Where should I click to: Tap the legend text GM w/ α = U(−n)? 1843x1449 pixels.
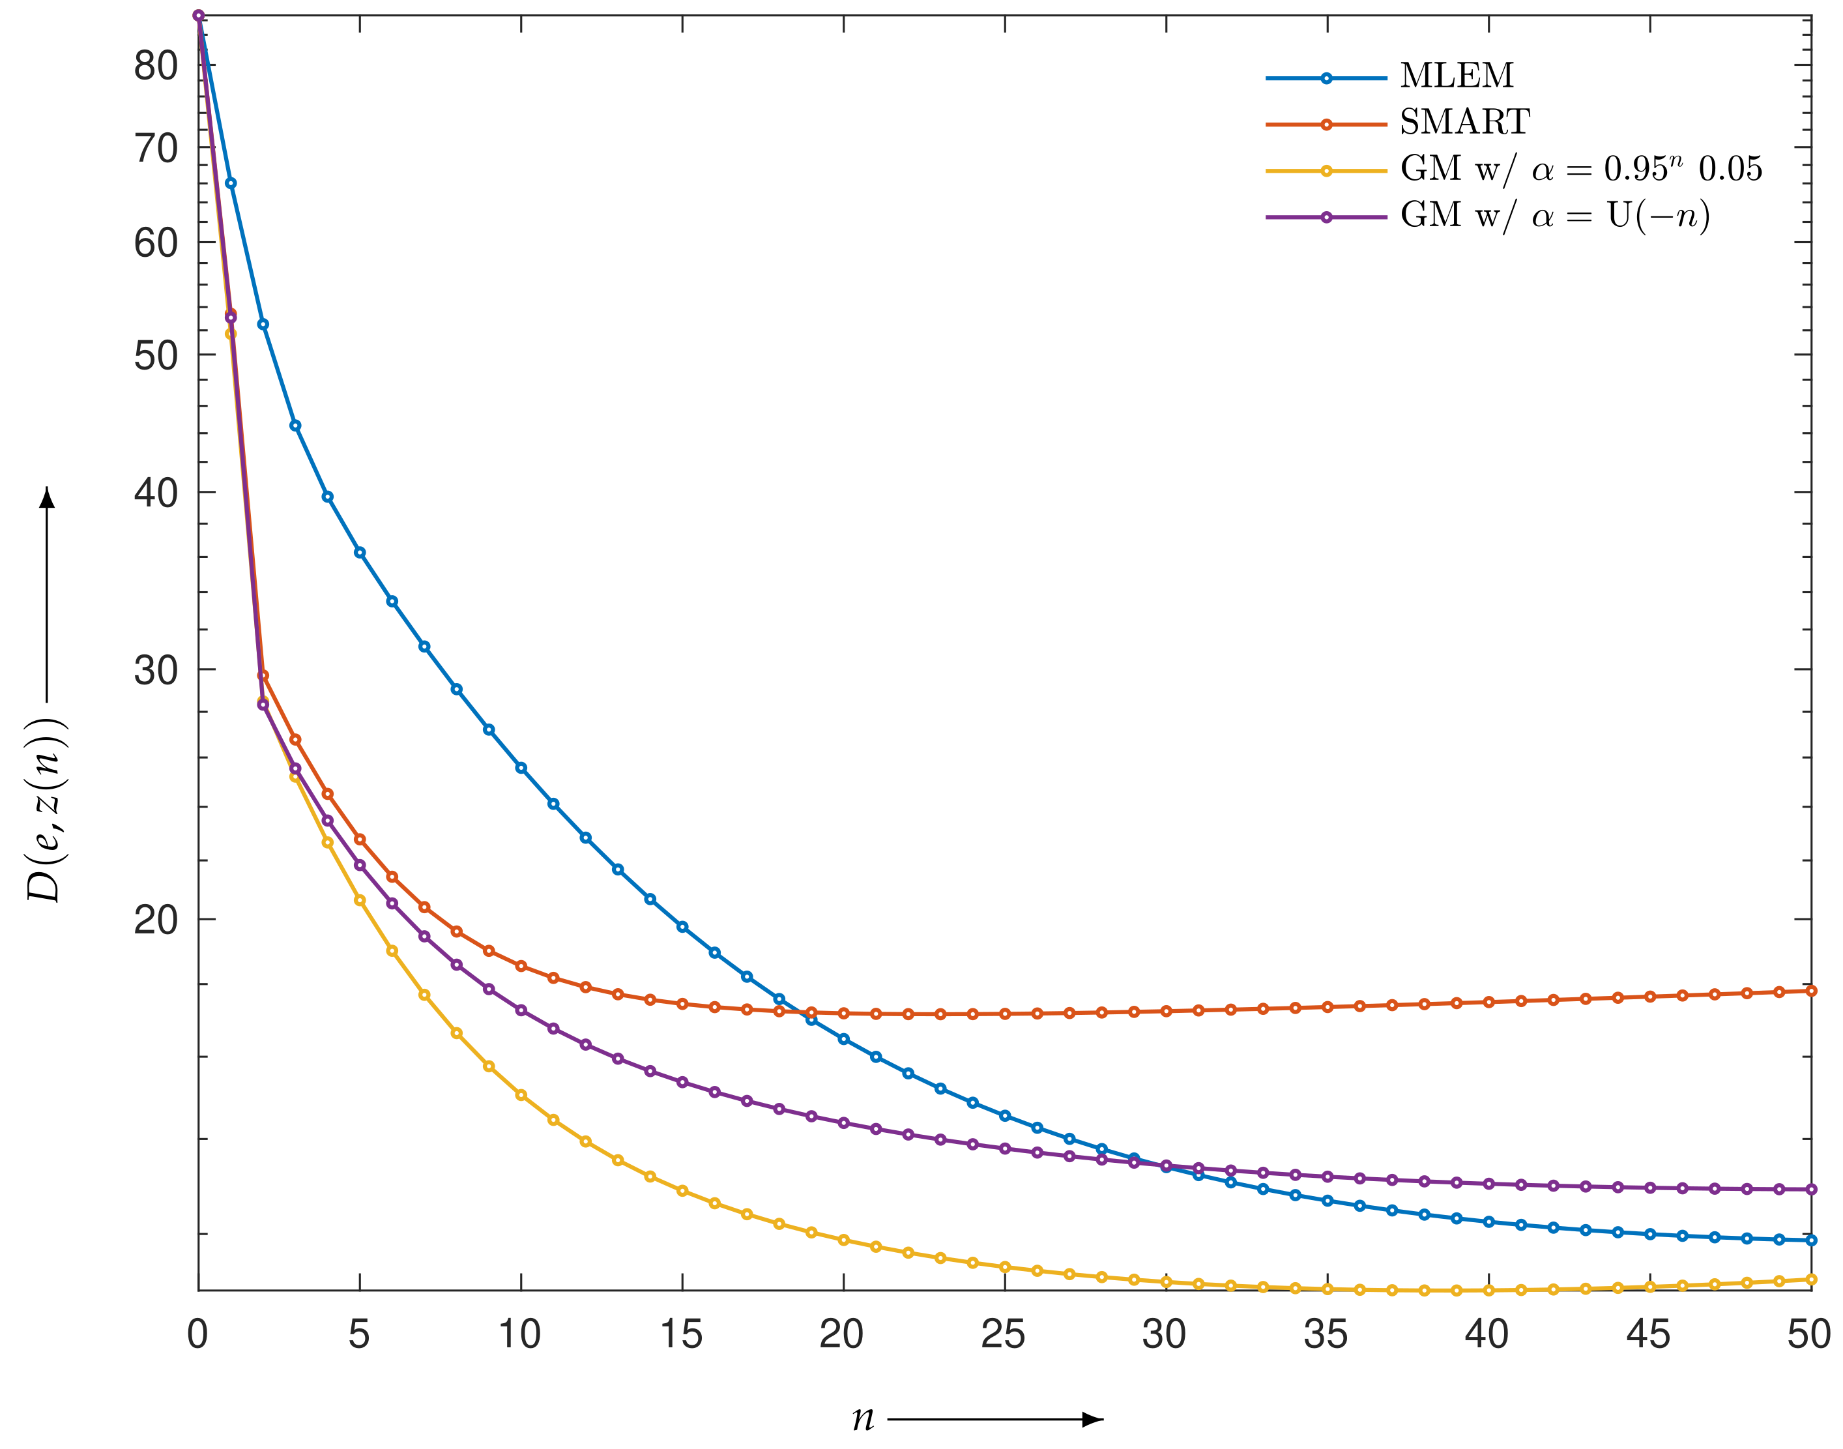pos(1555,216)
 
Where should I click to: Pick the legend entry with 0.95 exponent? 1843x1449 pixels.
pos(1580,169)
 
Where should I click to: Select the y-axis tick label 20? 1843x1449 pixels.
pos(155,920)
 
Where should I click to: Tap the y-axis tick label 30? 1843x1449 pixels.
pos(155,670)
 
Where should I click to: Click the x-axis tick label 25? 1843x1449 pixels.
pos(1004,1334)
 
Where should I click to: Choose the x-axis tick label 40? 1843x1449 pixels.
pos(1487,1334)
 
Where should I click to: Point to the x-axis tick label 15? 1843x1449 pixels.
pos(681,1334)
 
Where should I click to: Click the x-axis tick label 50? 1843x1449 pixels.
pos(1809,1334)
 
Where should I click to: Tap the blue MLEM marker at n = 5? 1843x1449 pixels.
pos(360,552)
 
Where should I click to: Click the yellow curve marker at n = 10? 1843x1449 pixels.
pos(521,1095)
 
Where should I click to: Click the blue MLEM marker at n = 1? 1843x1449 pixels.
pos(231,183)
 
